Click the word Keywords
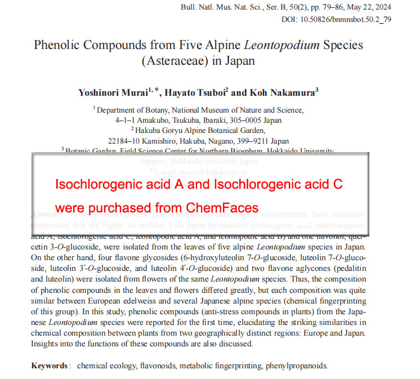click(x=50, y=365)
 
